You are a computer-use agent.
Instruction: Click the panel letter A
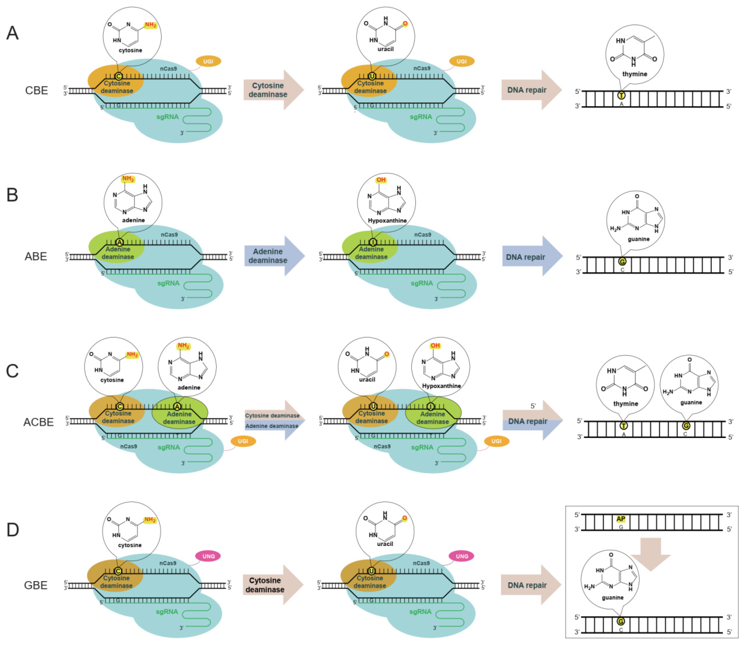(13, 33)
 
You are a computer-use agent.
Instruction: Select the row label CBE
(36, 90)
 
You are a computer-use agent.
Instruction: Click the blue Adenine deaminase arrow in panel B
(273, 256)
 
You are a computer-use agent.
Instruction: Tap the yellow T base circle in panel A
(621, 95)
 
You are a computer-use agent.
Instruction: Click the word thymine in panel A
(635, 74)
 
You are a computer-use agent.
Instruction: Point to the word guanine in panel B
(638, 239)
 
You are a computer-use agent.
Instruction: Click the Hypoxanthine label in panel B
(387, 220)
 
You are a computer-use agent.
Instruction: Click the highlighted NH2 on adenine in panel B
(128, 179)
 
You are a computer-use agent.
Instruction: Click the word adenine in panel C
(189, 387)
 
